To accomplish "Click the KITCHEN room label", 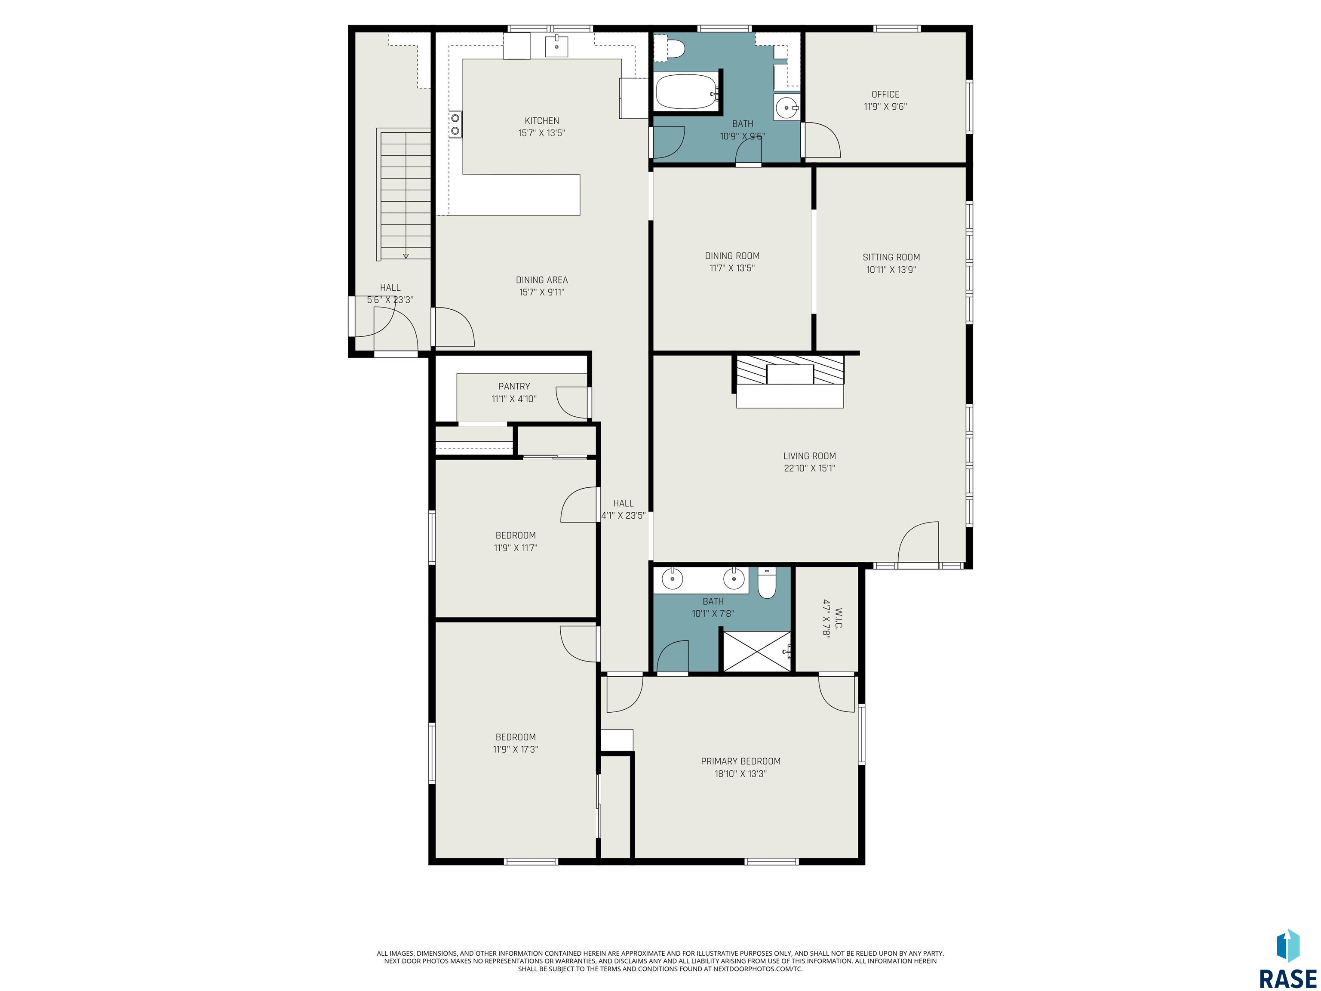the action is click(542, 121).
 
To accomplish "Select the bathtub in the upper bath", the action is click(686, 91).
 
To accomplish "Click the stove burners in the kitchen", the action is click(455, 124).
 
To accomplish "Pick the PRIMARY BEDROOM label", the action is click(740, 761).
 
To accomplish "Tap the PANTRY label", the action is click(514, 387).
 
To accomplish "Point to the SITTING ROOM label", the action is click(891, 258).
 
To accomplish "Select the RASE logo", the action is click(1288, 959).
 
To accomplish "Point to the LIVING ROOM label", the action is click(809, 456).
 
